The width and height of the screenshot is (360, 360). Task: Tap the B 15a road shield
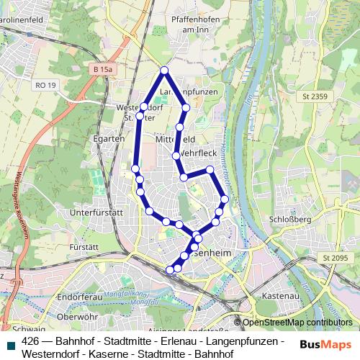102,68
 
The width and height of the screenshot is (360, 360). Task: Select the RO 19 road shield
45,85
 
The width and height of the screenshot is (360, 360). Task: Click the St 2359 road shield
315,97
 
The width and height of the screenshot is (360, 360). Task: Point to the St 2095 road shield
335,258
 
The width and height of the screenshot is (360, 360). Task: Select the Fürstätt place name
84,247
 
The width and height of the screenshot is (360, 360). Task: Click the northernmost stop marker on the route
164,70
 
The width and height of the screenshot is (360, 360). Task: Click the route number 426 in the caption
31,341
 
